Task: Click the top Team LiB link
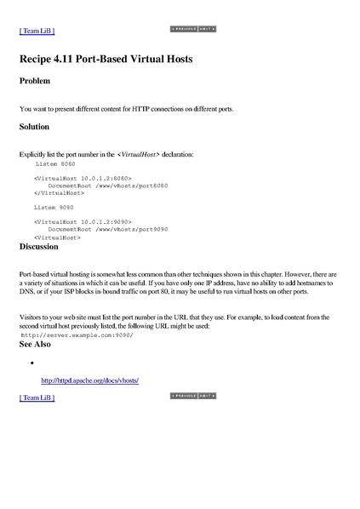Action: (37, 31)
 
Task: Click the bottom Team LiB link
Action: (37, 397)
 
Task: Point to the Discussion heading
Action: (38, 247)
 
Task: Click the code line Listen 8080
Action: (54, 162)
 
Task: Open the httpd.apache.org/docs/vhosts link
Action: (89, 380)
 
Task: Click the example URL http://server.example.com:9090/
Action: (77, 335)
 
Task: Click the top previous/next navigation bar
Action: (194, 29)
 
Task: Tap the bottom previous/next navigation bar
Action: (194, 396)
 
